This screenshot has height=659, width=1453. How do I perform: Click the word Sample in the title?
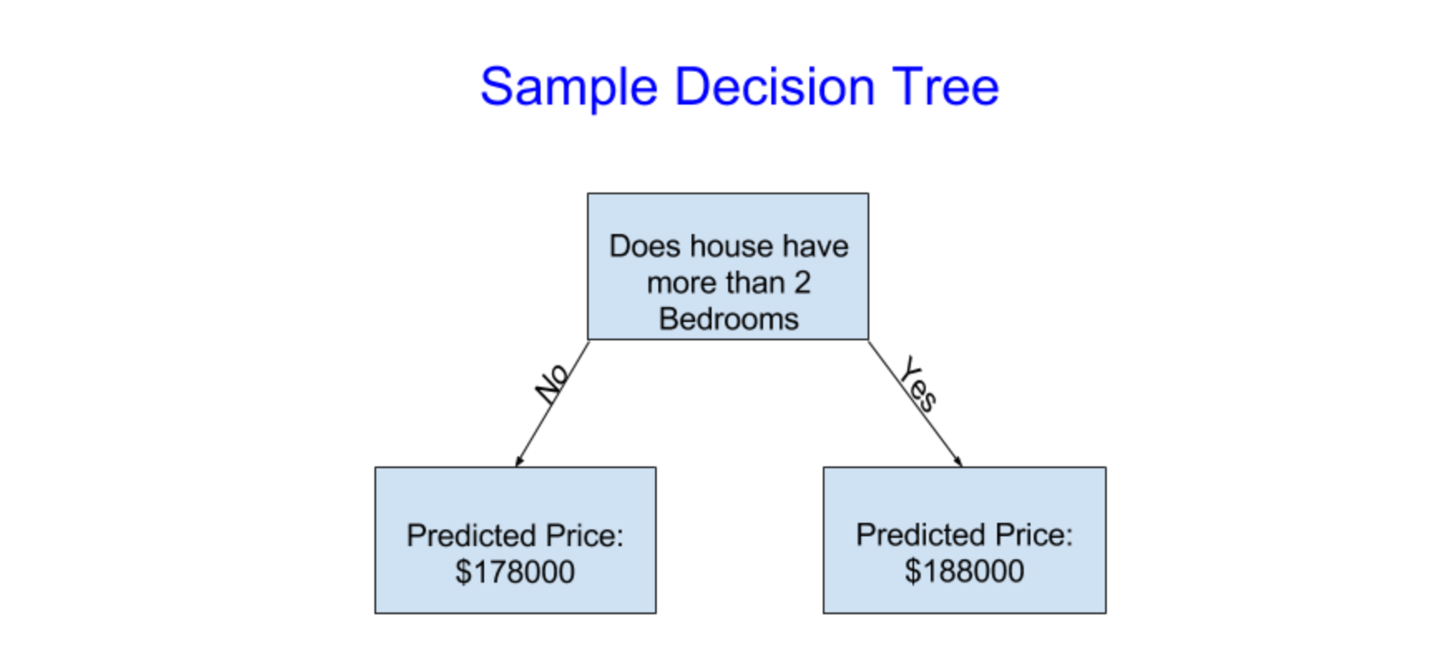pyautogui.click(x=569, y=87)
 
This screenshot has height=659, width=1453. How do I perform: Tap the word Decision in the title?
pyautogui.click(x=774, y=86)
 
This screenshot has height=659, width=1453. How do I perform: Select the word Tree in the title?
pyautogui.click(x=945, y=86)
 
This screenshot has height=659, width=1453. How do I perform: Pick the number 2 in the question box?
pyautogui.click(x=801, y=283)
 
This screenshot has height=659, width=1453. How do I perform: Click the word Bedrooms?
pyautogui.click(x=728, y=320)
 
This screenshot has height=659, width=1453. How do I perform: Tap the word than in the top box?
pyautogui.click(x=751, y=283)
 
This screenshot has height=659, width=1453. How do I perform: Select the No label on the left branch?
pyautogui.click(x=552, y=382)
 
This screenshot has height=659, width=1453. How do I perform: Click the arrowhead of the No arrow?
pyautogui.click(x=518, y=461)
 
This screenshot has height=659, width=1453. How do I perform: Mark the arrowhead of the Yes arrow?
pyautogui.click(x=959, y=461)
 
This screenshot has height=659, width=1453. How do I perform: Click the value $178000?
pyautogui.click(x=515, y=572)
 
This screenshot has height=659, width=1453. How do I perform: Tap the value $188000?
pyautogui.click(x=964, y=571)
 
